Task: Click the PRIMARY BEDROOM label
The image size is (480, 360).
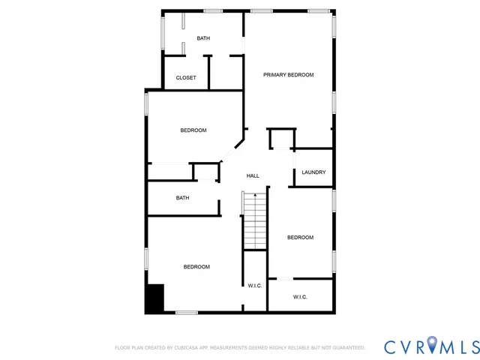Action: (288, 75)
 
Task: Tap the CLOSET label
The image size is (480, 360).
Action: (186, 78)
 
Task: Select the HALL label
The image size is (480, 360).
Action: (253, 176)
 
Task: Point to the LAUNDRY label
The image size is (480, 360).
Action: (313, 172)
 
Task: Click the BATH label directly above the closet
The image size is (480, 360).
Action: (203, 38)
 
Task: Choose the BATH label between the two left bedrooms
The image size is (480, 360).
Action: (182, 198)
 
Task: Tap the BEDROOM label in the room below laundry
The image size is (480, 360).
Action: (300, 238)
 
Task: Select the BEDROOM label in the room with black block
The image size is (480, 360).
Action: (196, 267)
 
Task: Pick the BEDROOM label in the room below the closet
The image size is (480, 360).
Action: (193, 130)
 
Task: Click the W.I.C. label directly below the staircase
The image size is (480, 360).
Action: (255, 286)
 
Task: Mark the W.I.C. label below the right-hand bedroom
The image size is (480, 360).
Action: (300, 297)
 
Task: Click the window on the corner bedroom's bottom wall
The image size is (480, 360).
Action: (186, 312)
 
